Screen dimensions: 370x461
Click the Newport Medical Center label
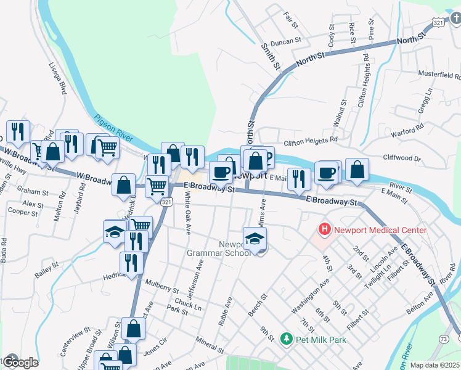[x=380, y=230]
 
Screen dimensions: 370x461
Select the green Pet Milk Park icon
[x=285, y=339]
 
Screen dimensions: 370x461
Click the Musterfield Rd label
[x=439, y=76]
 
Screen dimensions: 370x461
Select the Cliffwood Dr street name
[x=401, y=158]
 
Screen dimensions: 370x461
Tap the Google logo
[x=20, y=362]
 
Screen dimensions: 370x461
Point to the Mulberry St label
[x=161, y=286]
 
